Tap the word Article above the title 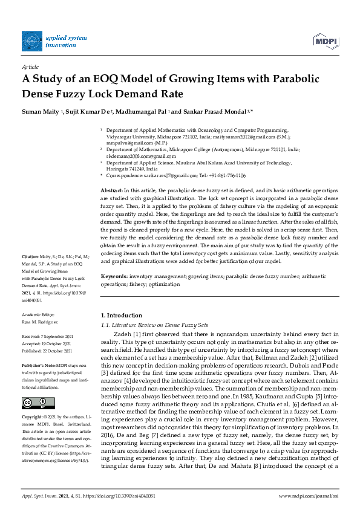(x=30, y=67)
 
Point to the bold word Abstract (x=111, y=190)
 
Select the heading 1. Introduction (x=120, y=316)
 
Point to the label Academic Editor (x=39, y=315)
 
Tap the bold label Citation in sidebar (x=31, y=273)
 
